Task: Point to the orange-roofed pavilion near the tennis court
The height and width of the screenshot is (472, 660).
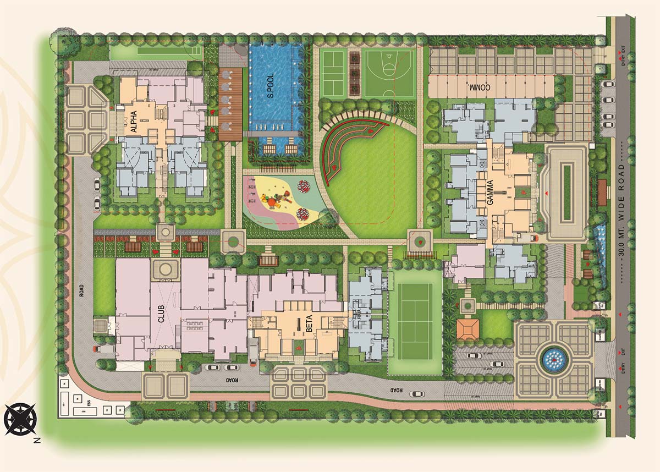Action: (x=468, y=329)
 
